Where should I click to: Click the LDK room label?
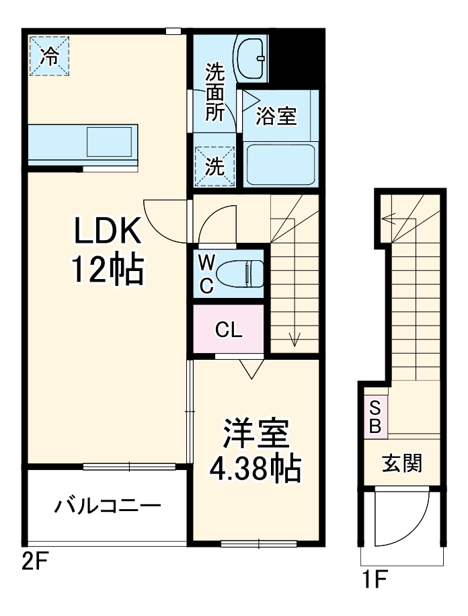click(108, 233)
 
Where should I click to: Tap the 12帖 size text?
click(108, 270)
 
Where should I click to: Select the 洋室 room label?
click(256, 434)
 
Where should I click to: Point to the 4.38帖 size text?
click(256, 469)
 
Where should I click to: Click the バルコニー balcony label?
click(108, 504)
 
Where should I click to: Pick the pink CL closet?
click(229, 330)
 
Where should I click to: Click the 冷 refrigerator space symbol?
click(49, 56)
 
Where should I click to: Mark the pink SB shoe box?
click(375, 417)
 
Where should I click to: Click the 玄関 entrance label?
click(402, 463)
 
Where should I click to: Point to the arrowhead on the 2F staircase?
click(294, 340)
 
